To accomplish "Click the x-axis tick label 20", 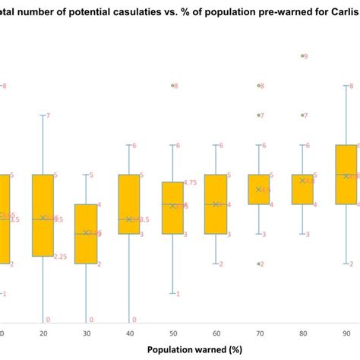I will coord(43,333).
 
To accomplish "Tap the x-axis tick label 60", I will coord(216,333).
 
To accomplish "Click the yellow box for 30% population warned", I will coord(86,234).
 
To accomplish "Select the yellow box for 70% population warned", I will coord(259,189).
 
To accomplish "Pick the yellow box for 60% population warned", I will coord(216,204).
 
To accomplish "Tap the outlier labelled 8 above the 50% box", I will coord(173,86).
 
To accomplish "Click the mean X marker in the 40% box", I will coord(129,219).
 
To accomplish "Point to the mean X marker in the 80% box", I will coord(302,181).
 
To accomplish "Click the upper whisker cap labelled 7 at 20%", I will coord(43,115).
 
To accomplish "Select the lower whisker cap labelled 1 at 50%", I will coord(173,293).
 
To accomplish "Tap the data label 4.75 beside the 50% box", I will coord(191,182).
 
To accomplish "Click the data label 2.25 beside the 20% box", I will coord(61,257).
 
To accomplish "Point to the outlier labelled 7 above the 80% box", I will coord(303,115).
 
